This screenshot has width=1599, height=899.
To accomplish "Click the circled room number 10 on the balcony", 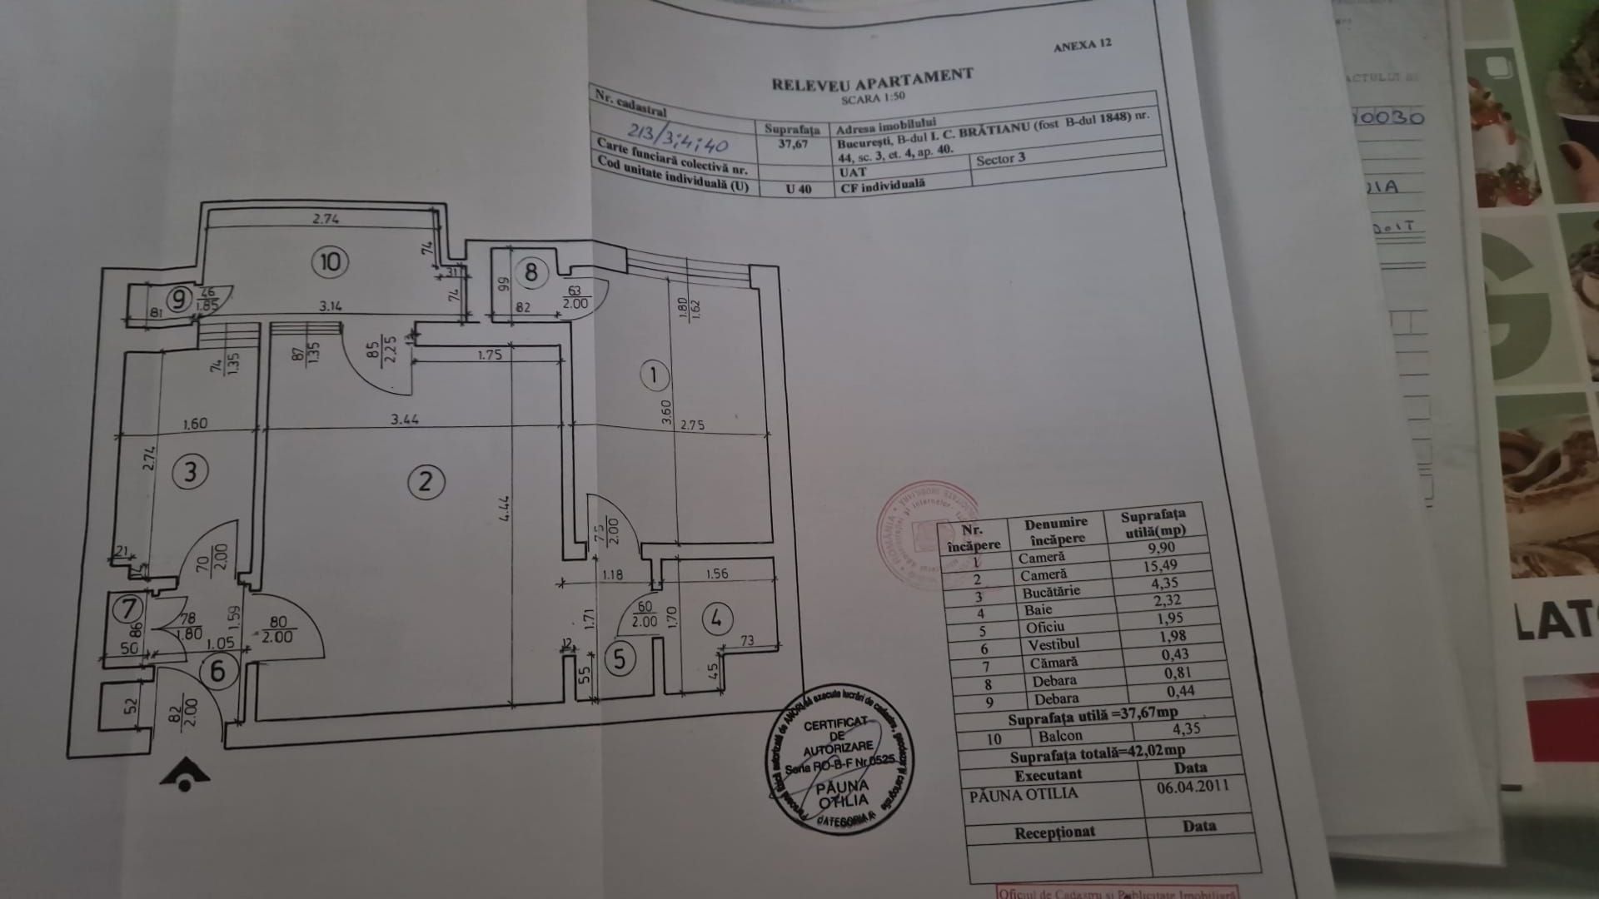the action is point(331,262).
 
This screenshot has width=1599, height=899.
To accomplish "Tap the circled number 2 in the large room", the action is point(426,481).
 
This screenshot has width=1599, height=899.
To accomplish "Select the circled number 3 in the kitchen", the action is point(190,472).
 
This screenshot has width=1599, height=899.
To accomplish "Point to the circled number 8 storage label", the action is point(531,271).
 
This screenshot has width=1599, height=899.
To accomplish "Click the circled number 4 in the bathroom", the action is point(717,618).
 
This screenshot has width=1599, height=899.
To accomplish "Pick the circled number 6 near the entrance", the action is point(218,670).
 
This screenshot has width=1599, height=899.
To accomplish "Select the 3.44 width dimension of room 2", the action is point(405,420).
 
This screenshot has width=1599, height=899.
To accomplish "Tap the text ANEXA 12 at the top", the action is point(1082,46).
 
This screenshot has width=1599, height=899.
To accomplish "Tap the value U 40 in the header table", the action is point(798,188).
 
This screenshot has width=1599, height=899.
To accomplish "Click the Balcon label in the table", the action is point(1060,736).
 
